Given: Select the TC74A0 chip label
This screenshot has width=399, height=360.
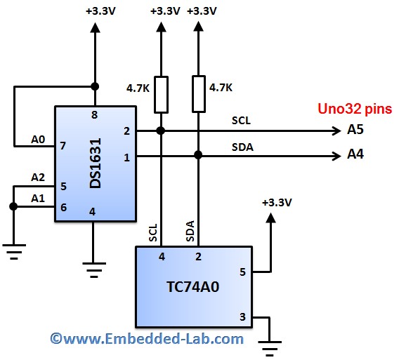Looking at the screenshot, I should pos(192,288).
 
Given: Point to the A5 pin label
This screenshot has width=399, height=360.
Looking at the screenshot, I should pos(355,130).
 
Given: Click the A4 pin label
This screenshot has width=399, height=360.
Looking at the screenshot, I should pos(355,154).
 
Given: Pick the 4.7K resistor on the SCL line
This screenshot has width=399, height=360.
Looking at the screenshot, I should pos(161,94).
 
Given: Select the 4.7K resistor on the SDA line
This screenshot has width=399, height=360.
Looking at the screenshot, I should pos(199,94).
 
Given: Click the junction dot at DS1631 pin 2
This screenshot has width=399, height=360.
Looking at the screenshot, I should pos(161,131).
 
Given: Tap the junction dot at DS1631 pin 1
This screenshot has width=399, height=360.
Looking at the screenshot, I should pos(199,155).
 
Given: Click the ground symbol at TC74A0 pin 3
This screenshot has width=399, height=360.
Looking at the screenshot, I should pos(270,345).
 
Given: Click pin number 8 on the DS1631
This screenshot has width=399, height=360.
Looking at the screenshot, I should pos(93,114).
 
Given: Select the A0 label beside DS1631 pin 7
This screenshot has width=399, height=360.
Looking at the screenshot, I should pos(38,140).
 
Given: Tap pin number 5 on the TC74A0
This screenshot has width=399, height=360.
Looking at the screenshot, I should pos(242,272).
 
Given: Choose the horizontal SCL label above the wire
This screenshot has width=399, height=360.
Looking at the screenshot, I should pos(241,120).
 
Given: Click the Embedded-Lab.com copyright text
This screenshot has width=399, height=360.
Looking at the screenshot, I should pos(147,339).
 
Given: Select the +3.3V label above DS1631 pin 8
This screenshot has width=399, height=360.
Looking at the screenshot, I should pos(100,11).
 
